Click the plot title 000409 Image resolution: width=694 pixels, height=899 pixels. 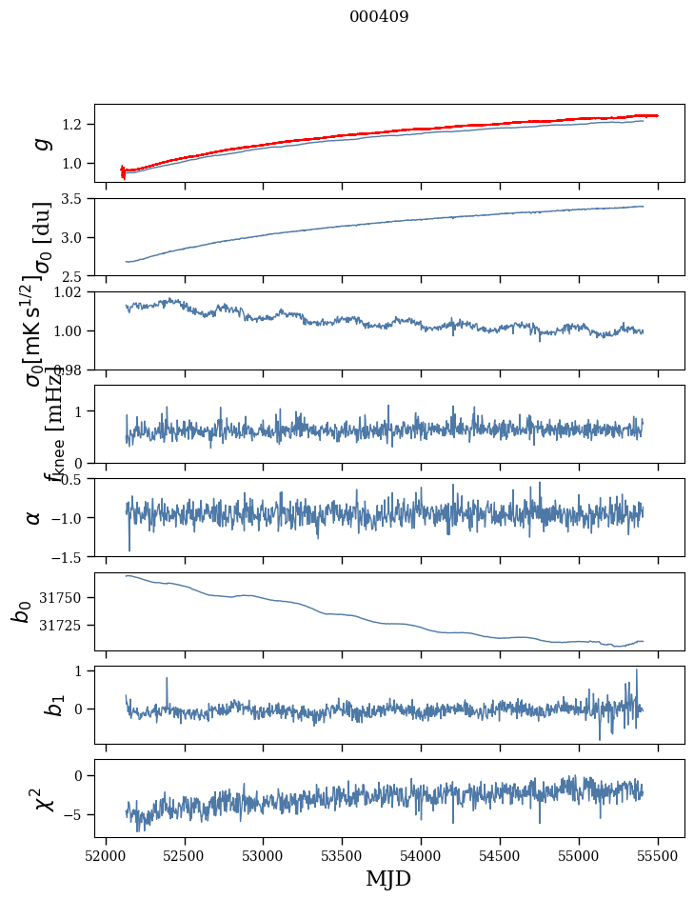tap(379, 17)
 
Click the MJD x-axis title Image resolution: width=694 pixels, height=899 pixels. tap(388, 878)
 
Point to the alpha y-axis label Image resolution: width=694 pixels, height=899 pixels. tap(34, 517)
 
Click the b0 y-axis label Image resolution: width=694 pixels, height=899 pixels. tap(21, 611)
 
